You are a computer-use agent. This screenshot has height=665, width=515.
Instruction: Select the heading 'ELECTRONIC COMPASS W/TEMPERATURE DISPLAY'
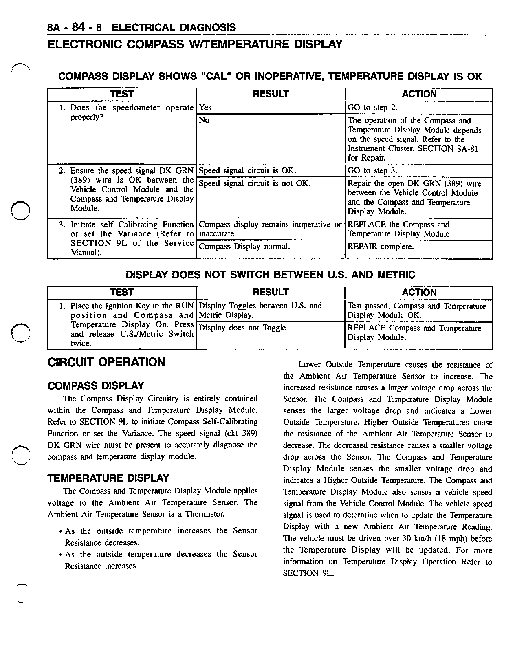[195, 44]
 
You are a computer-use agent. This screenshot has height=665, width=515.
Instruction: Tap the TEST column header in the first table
[122, 94]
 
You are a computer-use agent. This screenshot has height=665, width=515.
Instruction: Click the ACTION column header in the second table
[419, 293]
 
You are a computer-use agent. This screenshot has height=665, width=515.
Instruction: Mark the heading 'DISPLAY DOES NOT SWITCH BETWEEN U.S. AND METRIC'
[271, 275]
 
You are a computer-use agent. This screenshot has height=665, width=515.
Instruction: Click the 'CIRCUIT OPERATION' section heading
[107, 362]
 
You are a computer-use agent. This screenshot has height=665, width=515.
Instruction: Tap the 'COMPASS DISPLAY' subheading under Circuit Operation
[96, 385]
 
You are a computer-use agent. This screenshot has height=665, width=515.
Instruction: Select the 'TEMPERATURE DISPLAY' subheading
[108, 478]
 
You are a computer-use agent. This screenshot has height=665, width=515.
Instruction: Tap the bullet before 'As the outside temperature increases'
[60, 532]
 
